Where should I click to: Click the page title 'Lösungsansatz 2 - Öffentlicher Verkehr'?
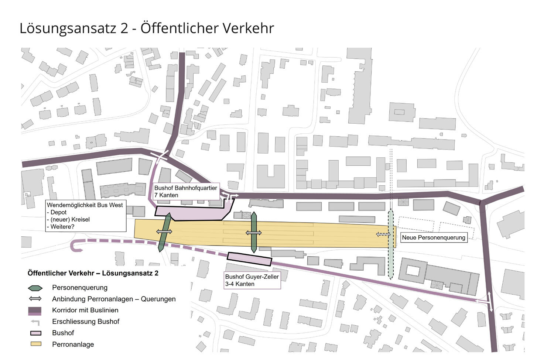147,28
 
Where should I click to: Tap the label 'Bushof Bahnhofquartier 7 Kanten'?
185,191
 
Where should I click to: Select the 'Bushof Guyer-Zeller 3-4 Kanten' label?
252,280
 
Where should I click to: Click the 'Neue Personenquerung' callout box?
433,237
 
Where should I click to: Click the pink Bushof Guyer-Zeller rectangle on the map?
250,259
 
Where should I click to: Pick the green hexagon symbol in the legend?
35,288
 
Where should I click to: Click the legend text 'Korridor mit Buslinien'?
85,310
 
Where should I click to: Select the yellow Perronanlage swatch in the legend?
35,344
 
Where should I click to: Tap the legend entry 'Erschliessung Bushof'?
86,322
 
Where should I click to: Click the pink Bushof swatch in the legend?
35,333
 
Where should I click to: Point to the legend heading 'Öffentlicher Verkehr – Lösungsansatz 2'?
93,273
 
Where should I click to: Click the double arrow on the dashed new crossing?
383,234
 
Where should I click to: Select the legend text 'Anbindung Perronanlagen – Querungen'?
114,299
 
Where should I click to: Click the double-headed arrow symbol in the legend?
35,299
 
